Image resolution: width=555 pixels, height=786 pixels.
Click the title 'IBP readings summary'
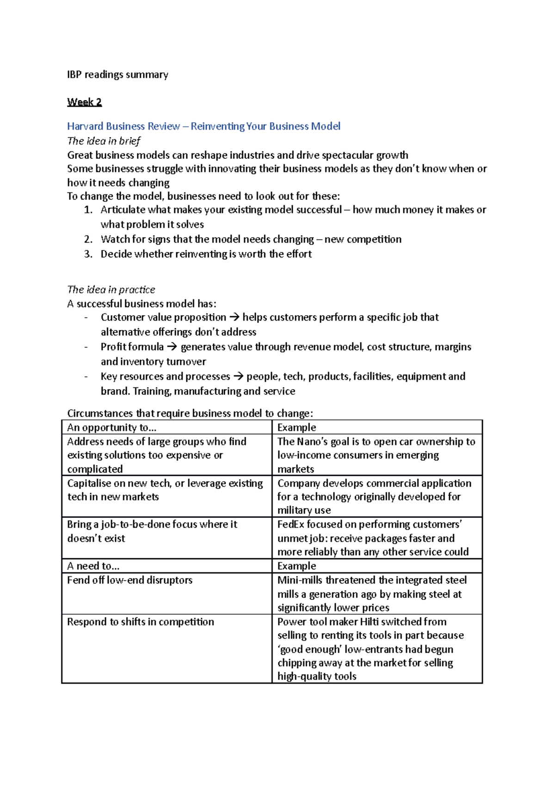tap(117, 75)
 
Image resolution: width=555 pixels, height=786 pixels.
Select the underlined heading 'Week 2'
tap(84, 102)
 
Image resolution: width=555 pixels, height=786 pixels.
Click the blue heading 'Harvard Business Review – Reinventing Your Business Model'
tap(203, 126)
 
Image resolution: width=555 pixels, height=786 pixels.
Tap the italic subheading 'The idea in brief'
tap(104, 141)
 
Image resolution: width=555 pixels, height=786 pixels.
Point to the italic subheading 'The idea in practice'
tap(111, 289)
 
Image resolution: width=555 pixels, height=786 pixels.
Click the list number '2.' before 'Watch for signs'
tap(88, 239)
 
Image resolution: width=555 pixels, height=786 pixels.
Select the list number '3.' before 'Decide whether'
tap(88, 254)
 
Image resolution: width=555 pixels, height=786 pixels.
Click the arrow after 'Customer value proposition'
tap(234, 318)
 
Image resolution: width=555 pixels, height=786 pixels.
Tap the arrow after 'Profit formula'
tap(172, 347)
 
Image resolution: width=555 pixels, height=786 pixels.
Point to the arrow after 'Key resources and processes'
tap(238, 377)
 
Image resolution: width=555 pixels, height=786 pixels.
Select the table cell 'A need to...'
tap(93, 566)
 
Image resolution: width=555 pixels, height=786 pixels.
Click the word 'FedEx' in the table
tap(291, 524)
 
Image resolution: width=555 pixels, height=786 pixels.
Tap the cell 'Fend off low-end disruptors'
tap(129, 580)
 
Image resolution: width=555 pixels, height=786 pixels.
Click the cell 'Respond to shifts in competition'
tap(140, 622)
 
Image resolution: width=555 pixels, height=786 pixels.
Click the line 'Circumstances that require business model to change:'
tap(190, 413)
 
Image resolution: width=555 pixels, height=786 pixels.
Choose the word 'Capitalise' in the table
tap(90, 483)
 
